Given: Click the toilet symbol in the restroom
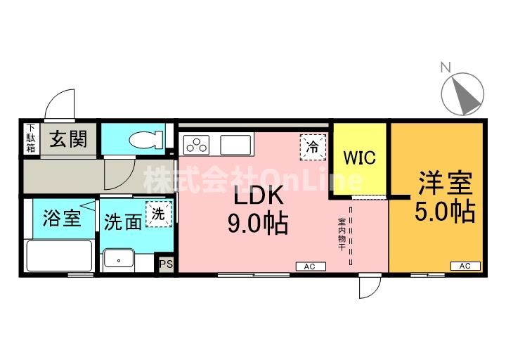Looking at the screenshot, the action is pyautogui.click(x=146, y=140).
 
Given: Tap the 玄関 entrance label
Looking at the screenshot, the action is pyautogui.click(x=68, y=139).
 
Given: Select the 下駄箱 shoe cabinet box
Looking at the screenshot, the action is pyautogui.click(x=31, y=139).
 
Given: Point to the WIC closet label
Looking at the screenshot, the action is pyautogui.click(x=360, y=157).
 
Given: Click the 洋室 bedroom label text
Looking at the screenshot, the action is pyautogui.click(x=446, y=183).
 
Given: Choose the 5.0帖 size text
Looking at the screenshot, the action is pyautogui.click(x=445, y=212).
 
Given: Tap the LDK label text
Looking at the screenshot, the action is pyautogui.click(x=258, y=195).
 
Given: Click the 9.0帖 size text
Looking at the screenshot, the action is pyautogui.click(x=258, y=224).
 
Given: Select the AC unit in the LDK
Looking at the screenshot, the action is pyautogui.click(x=311, y=266).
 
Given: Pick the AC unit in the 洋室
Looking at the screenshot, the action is pyautogui.click(x=465, y=266).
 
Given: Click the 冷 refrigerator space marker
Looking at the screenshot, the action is pyautogui.click(x=313, y=148).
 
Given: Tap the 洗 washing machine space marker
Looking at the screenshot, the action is pyautogui.click(x=159, y=214).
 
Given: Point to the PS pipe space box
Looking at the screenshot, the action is pyautogui.click(x=166, y=264).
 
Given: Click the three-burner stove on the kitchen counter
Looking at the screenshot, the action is pyautogui.click(x=196, y=145).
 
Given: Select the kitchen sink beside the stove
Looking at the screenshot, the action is pyautogui.click(x=235, y=145).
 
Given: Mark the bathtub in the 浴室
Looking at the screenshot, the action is pyautogui.click(x=59, y=256).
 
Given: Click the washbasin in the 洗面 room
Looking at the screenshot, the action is pyautogui.click(x=119, y=258).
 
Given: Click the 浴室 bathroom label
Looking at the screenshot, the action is pyautogui.click(x=62, y=217).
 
